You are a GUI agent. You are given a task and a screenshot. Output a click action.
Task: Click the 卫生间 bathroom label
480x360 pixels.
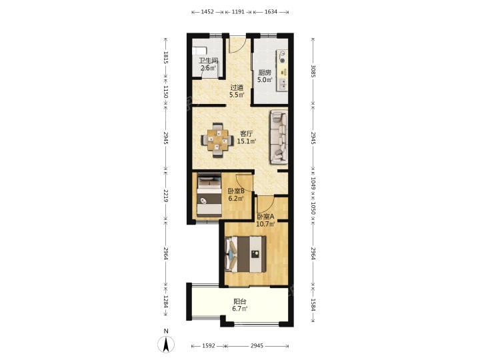pyautogui.click(x=208, y=60)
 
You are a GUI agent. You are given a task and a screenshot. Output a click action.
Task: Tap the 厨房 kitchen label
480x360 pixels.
pyautogui.click(x=265, y=73)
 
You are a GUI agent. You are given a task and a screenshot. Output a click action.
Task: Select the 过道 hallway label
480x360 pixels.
pyautogui.click(x=237, y=87)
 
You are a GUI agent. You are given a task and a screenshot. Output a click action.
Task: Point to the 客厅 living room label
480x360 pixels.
pyautogui.click(x=247, y=134)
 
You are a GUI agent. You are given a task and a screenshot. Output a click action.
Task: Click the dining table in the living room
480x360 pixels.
pyautogui.click(x=217, y=140)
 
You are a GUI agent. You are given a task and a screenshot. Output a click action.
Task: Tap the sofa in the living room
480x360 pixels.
pyautogui.click(x=279, y=137)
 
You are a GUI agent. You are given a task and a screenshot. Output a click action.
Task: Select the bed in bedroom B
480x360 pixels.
pyautogui.click(x=209, y=195)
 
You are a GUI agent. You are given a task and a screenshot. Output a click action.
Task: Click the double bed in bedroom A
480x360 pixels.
pyautogui.click(x=245, y=254)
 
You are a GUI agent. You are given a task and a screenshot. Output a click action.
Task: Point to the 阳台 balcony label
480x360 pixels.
pyautogui.click(x=240, y=301)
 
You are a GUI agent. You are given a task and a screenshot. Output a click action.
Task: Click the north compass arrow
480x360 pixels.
pyautogui.click(x=166, y=343)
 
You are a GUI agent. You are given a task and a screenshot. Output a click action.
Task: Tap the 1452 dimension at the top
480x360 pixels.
pyautogui.click(x=207, y=12)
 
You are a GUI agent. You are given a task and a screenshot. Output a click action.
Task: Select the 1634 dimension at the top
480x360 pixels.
pyautogui.click(x=271, y=12)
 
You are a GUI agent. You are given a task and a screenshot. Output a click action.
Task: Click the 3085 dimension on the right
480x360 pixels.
pyautogui.click(x=313, y=71)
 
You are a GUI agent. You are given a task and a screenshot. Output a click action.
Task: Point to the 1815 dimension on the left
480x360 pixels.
pyautogui.click(x=166, y=57)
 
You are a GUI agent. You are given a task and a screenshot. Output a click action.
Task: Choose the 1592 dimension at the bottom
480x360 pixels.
pyautogui.click(x=209, y=346)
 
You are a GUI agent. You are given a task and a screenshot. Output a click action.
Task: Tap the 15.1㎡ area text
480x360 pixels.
pyautogui.click(x=247, y=141)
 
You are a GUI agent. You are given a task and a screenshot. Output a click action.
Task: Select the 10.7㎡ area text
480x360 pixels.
pyautogui.click(x=265, y=224)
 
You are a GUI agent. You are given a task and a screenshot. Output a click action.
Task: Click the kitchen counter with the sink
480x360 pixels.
pyautogui.click(x=282, y=71)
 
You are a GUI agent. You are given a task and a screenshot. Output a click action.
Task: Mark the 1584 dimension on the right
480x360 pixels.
pyautogui.click(x=313, y=305)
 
